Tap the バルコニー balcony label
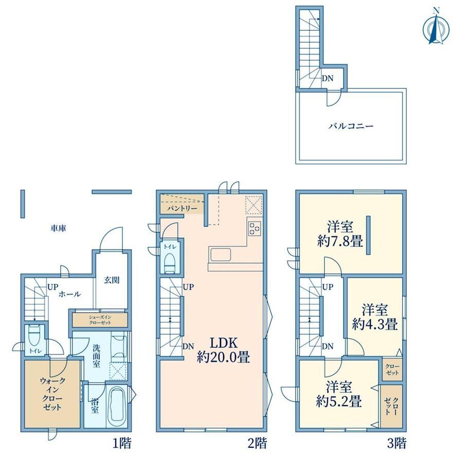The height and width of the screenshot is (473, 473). tap(351, 126)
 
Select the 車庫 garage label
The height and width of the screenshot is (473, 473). tap(58, 228)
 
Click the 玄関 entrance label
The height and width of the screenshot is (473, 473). tap(112, 280)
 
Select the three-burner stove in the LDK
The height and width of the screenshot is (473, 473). tap(254, 228)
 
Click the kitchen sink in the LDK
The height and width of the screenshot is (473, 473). tap(221, 255)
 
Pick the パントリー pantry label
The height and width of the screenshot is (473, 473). tap(182, 208)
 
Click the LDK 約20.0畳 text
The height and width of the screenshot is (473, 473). tap(224, 350)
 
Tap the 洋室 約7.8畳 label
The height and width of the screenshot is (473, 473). tap(340, 234)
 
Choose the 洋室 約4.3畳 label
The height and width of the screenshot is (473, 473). tap(375, 317)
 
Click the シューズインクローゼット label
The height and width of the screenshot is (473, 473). tap(100, 320)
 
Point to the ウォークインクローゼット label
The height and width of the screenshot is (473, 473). tap(52, 394)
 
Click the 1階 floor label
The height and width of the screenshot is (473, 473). tap(122, 443)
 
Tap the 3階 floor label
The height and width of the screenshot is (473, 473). tap(397, 443)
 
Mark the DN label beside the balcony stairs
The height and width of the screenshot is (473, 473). tap(328, 79)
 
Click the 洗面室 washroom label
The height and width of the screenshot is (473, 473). tap(96, 356)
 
